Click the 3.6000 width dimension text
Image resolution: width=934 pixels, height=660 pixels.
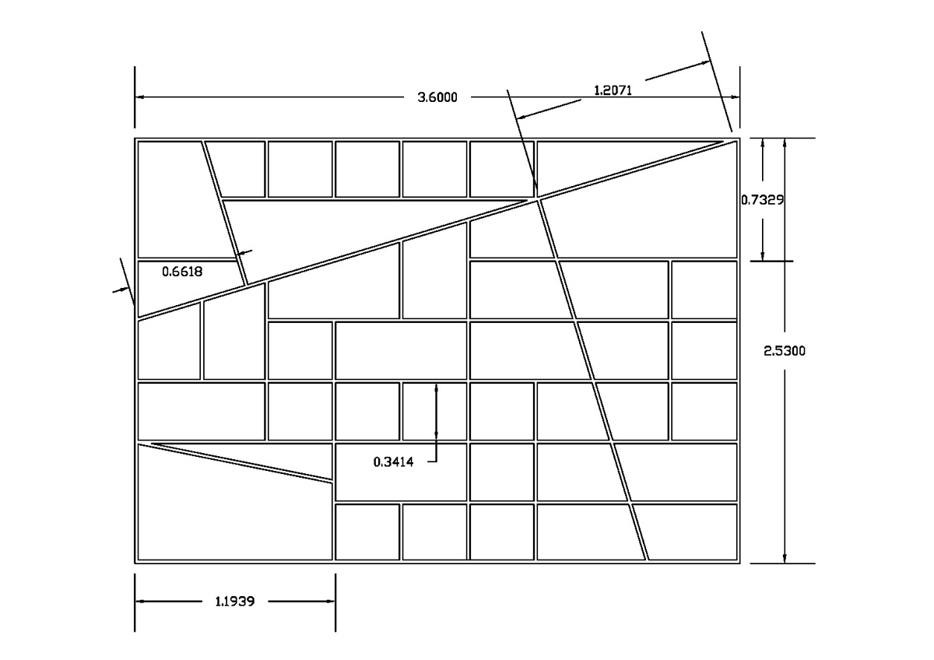pyautogui.click(x=437, y=97)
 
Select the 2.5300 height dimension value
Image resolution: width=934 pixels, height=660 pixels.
pyautogui.click(x=785, y=351)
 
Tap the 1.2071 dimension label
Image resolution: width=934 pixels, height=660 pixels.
pyautogui.click(x=613, y=90)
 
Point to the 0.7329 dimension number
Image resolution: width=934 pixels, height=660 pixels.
pyautogui.click(x=762, y=200)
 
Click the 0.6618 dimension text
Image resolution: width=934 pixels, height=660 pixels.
pyautogui.click(x=182, y=272)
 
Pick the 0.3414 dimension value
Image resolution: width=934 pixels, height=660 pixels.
pyautogui.click(x=393, y=462)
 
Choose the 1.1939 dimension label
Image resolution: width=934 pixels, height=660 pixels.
pyautogui.click(x=235, y=601)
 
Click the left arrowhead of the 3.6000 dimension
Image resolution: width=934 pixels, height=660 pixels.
pyautogui.click(x=141, y=97)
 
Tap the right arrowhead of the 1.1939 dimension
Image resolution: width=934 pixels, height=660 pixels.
pyautogui.click(x=330, y=601)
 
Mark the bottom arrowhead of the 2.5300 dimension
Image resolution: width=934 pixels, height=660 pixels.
pyautogui.click(x=785, y=558)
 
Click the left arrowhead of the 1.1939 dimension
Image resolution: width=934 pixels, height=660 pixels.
pyautogui.click(x=141, y=601)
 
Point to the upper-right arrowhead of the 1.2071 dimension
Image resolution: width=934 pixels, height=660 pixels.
pyautogui.click(x=704, y=63)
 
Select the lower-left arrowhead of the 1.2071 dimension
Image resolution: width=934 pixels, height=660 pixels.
pyautogui.click(x=521, y=117)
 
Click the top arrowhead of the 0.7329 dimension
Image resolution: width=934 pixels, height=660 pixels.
pyautogui.click(x=762, y=143)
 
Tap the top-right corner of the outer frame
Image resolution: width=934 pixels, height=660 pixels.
pyautogui.click(x=739, y=138)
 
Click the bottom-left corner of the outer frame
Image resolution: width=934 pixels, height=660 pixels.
pyautogui.click(x=135, y=563)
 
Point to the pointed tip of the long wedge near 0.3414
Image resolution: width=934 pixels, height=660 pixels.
pyautogui.click(x=152, y=444)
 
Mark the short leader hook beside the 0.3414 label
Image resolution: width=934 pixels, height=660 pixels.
pyautogui.click(x=433, y=462)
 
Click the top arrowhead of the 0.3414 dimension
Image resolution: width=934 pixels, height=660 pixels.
pyautogui.click(x=436, y=388)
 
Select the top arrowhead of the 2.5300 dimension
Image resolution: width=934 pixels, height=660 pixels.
pyautogui.click(x=785, y=143)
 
